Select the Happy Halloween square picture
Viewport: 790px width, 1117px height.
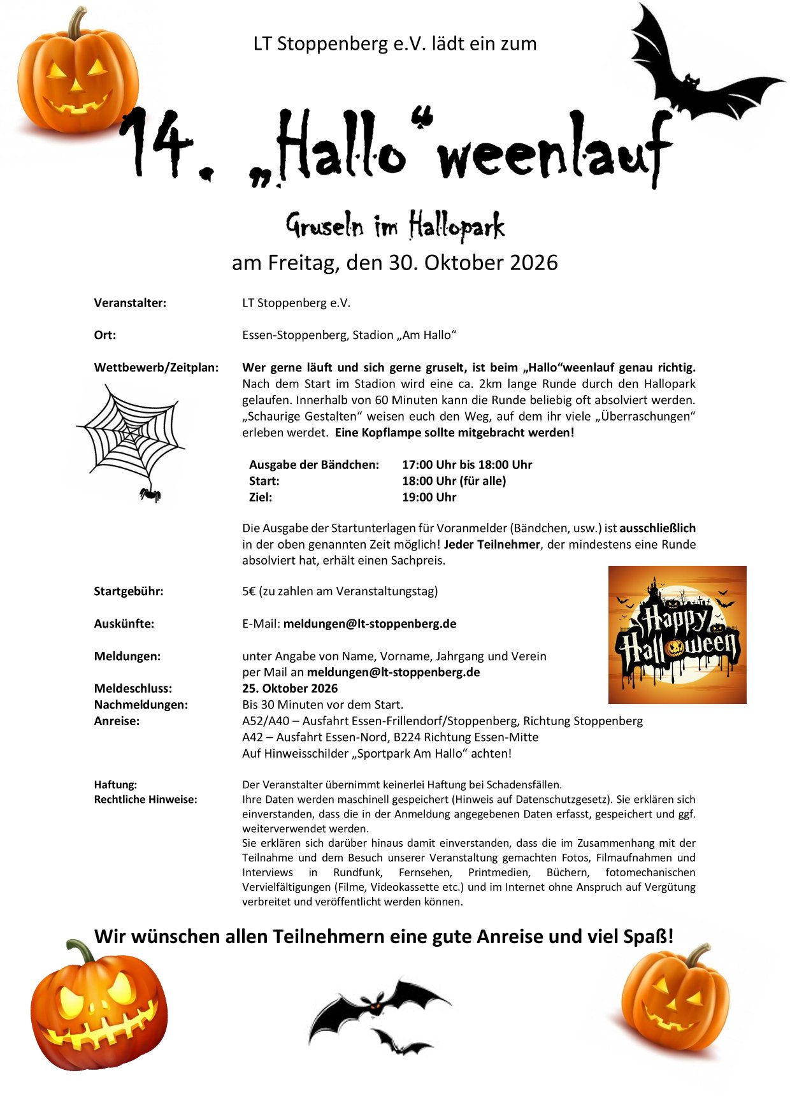[x=677, y=635]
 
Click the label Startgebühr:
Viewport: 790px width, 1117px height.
[x=129, y=591]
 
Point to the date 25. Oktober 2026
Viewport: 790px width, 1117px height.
[x=290, y=688]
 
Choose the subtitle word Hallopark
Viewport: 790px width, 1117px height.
[x=456, y=227]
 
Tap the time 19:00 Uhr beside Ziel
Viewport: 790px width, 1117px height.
[x=429, y=497]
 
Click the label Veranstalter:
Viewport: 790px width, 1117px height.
[x=130, y=303]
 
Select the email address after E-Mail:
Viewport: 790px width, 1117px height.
[x=370, y=624]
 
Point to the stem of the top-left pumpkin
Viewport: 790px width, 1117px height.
[x=78, y=23]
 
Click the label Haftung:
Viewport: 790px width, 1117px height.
[x=115, y=785]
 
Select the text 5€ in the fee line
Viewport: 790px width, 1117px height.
[x=248, y=591]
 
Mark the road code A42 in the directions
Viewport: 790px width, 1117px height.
[x=252, y=737]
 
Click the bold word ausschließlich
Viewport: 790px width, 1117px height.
[x=657, y=528]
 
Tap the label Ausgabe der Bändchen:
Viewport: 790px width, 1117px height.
[x=313, y=465]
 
